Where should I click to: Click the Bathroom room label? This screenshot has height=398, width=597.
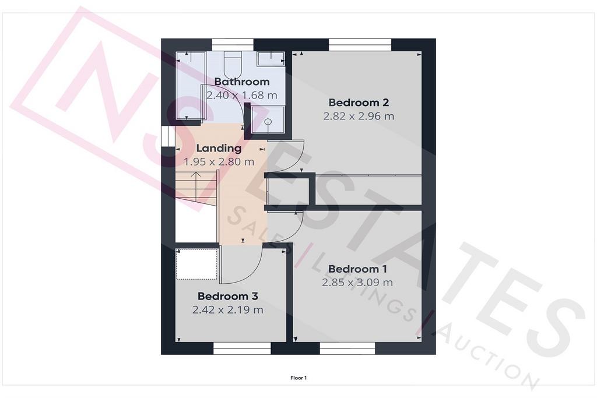(242, 82)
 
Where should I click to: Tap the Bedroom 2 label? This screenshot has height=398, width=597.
(359, 103)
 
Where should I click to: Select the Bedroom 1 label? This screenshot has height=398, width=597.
(357, 269)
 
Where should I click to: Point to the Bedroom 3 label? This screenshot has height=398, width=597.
(228, 296)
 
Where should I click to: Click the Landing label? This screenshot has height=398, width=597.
(219, 148)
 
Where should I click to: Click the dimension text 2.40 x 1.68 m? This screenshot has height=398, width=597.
(242, 95)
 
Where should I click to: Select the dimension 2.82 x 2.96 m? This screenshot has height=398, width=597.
(359, 116)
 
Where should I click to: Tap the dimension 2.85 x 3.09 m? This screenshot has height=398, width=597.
(357, 282)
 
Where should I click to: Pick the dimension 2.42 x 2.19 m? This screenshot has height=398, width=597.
(228, 310)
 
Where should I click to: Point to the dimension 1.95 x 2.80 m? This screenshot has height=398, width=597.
(219, 162)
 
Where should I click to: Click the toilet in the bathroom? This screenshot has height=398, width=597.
(232, 64)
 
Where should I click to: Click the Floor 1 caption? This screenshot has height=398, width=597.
(298, 378)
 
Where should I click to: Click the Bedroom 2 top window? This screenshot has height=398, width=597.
(360, 44)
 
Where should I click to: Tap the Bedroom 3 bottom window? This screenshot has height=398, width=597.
(242, 348)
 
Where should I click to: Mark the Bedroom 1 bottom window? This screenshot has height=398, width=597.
(347, 348)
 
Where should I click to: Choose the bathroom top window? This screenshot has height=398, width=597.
(233, 44)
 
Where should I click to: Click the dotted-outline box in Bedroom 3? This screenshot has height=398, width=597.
(197, 264)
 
